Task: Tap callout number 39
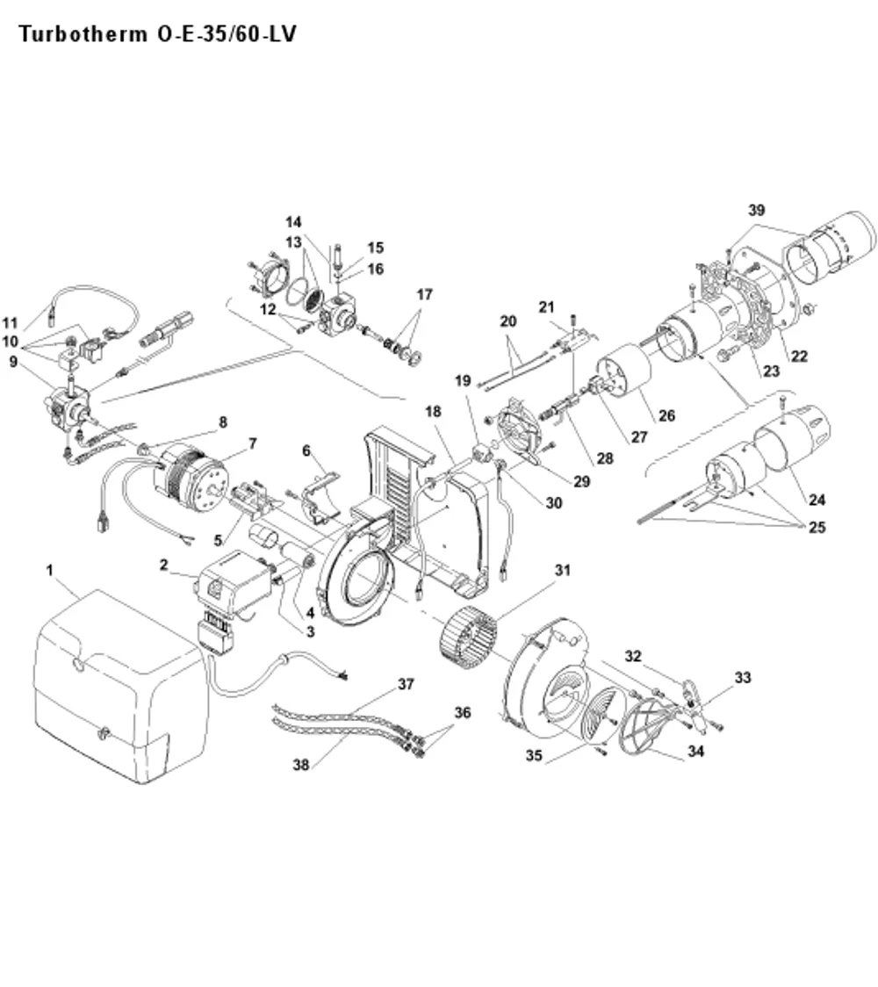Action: coord(756,210)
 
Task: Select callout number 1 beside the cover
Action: coord(50,570)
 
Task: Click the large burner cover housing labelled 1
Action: coord(119,686)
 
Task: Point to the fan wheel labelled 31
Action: coord(470,637)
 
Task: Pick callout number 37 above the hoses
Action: coord(406,683)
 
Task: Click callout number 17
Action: coord(424,294)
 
